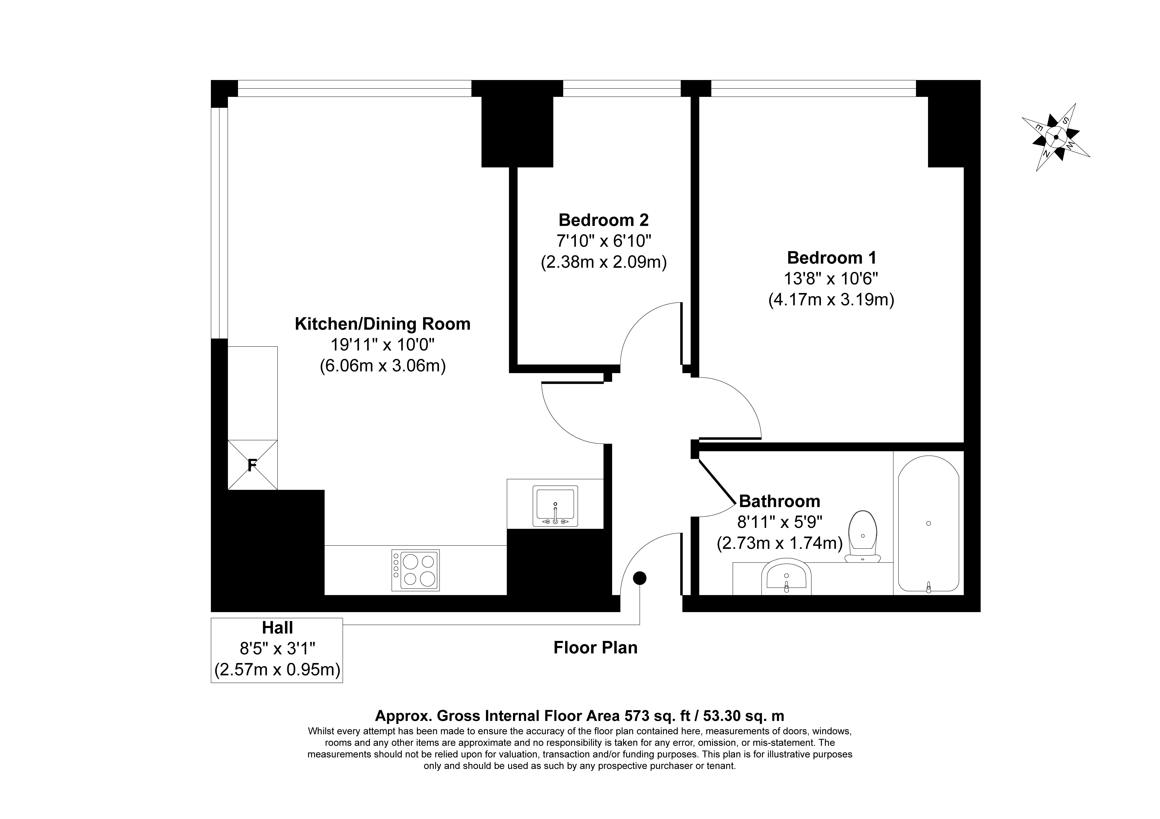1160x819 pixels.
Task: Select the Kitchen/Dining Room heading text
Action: pos(382,324)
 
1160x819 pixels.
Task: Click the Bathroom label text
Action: pos(780,501)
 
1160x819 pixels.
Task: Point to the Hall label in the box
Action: pos(277,628)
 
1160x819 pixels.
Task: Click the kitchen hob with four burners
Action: pos(415,570)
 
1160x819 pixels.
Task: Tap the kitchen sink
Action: pos(555,506)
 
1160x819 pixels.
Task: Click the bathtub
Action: pos(929,524)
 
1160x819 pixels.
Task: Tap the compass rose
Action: pos(1056,137)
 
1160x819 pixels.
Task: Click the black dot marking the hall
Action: pos(640,578)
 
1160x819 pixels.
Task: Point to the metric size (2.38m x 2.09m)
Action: pos(604,263)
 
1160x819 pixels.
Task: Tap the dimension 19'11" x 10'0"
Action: pos(382,345)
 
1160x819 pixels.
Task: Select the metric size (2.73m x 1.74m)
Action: pos(780,543)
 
